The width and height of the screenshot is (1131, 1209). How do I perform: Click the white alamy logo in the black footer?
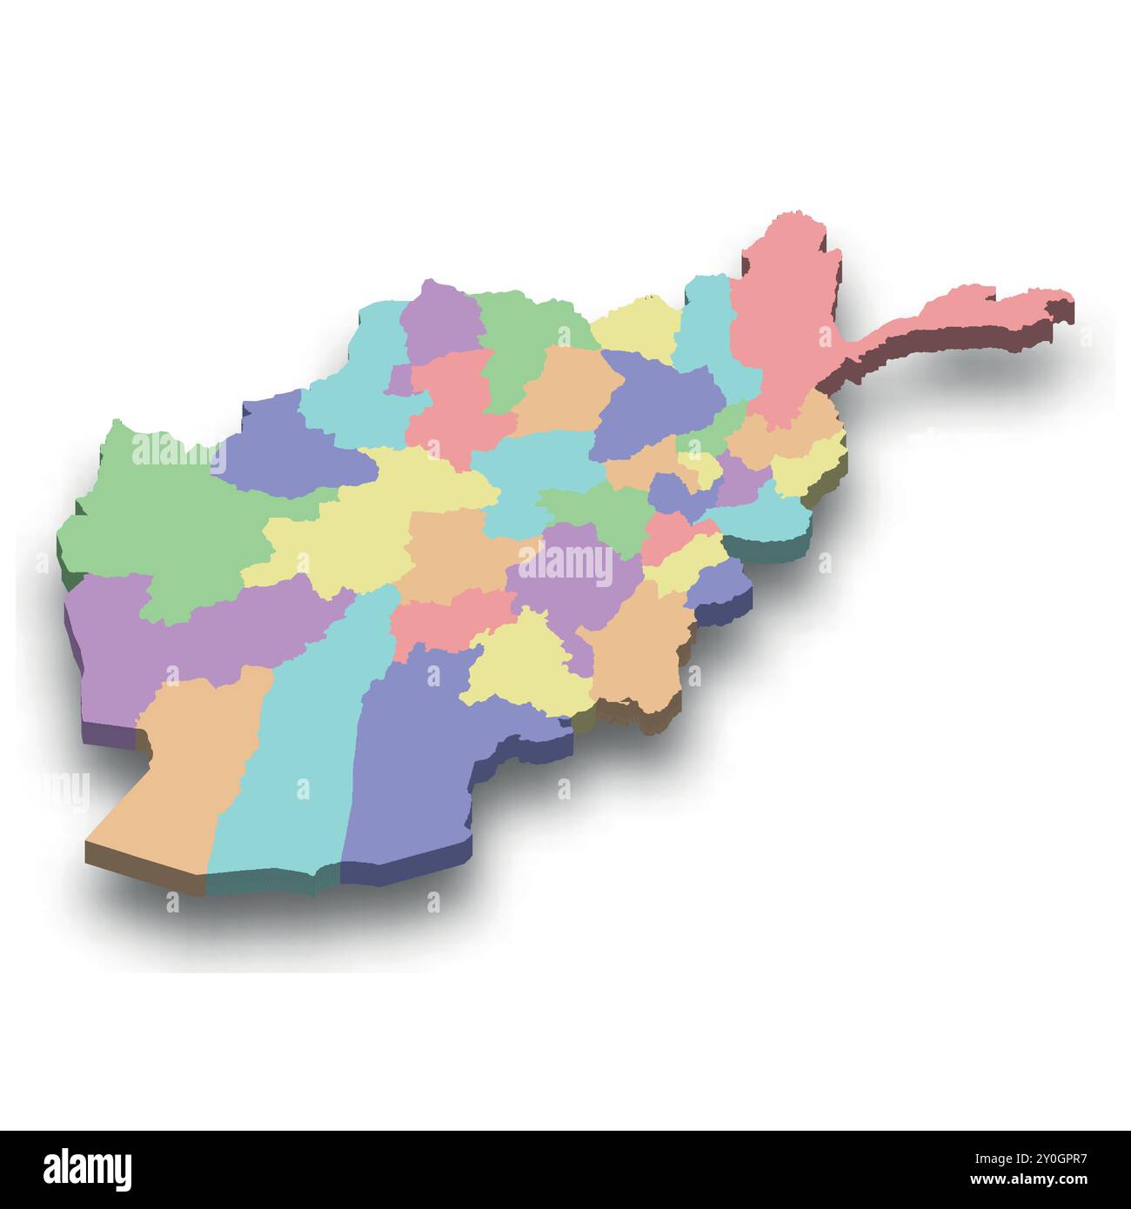tap(88, 1167)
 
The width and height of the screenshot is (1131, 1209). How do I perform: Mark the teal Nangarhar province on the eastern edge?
tap(766, 518)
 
